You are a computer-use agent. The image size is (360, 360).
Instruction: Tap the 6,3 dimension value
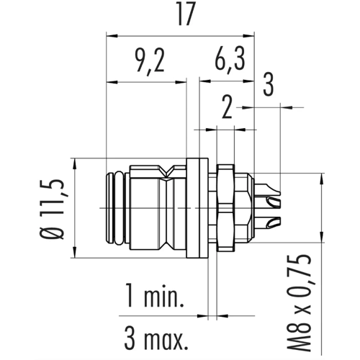coord(230,59)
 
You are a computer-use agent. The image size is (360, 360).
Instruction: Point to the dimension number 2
coord(227,107)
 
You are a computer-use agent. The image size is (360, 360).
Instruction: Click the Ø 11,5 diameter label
coord(52,208)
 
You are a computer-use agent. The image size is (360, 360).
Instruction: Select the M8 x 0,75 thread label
coord(299,302)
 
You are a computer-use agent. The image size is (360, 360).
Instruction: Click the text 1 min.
coord(155,295)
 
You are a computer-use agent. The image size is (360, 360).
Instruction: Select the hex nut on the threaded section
coord(225,208)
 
